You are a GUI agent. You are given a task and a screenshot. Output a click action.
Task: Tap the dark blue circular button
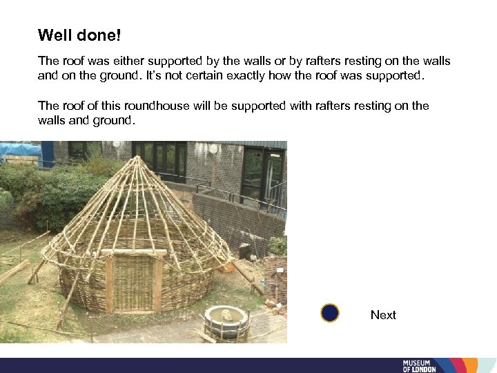click(330, 314)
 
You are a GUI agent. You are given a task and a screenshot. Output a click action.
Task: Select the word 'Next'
click(383, 315)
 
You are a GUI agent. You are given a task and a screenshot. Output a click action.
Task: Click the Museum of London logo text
click(420, 366)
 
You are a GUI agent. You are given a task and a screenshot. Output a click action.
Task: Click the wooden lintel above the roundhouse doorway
click(135, 252)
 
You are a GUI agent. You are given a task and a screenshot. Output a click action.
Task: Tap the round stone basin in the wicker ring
click(225, 320)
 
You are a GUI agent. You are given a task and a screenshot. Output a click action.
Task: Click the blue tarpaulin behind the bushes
click(21, 150)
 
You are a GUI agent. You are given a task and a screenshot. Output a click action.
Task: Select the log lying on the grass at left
click(14, 271)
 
